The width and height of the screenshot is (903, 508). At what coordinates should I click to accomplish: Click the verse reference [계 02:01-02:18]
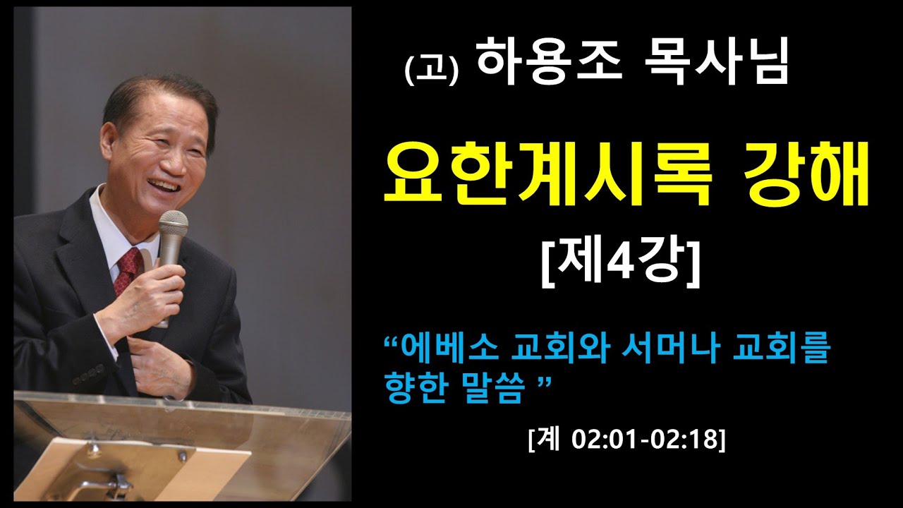click(x=626, y=440)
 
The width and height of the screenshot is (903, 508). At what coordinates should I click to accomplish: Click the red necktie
click(x=129, y=269)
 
